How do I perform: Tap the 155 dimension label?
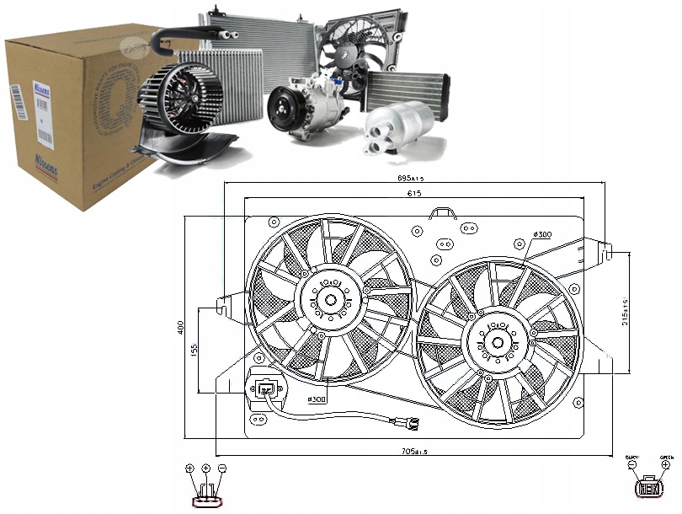click(x=194, y=350)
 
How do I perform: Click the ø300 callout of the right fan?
click(x=542, y=233)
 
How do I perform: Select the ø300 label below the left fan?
click(x=317, y=399)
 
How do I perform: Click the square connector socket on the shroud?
click(x=266, y=388)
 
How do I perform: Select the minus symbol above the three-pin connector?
click(x=221, y=468)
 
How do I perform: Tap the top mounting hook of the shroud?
click(x=441, y=211)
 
